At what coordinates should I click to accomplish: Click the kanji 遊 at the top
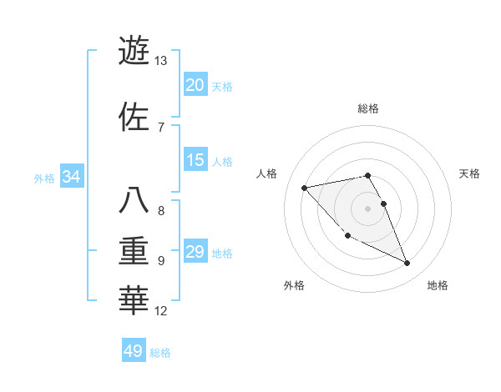[134, 50]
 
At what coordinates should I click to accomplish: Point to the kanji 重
[134, 251]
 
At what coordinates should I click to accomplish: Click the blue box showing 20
[195, 85]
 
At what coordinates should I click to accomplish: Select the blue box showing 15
[195, 160]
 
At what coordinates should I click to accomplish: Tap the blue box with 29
[195, 252]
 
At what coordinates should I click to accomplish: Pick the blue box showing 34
[71, 177]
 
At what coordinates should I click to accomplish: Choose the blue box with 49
[134, 351]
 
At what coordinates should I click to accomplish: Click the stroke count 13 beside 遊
[160, 61]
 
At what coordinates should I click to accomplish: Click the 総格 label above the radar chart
[368, 109]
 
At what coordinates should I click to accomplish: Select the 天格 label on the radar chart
[470, 173]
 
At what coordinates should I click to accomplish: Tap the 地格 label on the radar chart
[438, 285]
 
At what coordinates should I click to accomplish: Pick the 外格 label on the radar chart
[294, 285]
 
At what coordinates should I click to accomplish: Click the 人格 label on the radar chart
[267, 173]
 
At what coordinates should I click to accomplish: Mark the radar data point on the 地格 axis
[407, 264]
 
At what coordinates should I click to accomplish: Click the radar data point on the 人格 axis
[304, 188]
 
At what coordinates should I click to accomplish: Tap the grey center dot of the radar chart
[368, 209]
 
